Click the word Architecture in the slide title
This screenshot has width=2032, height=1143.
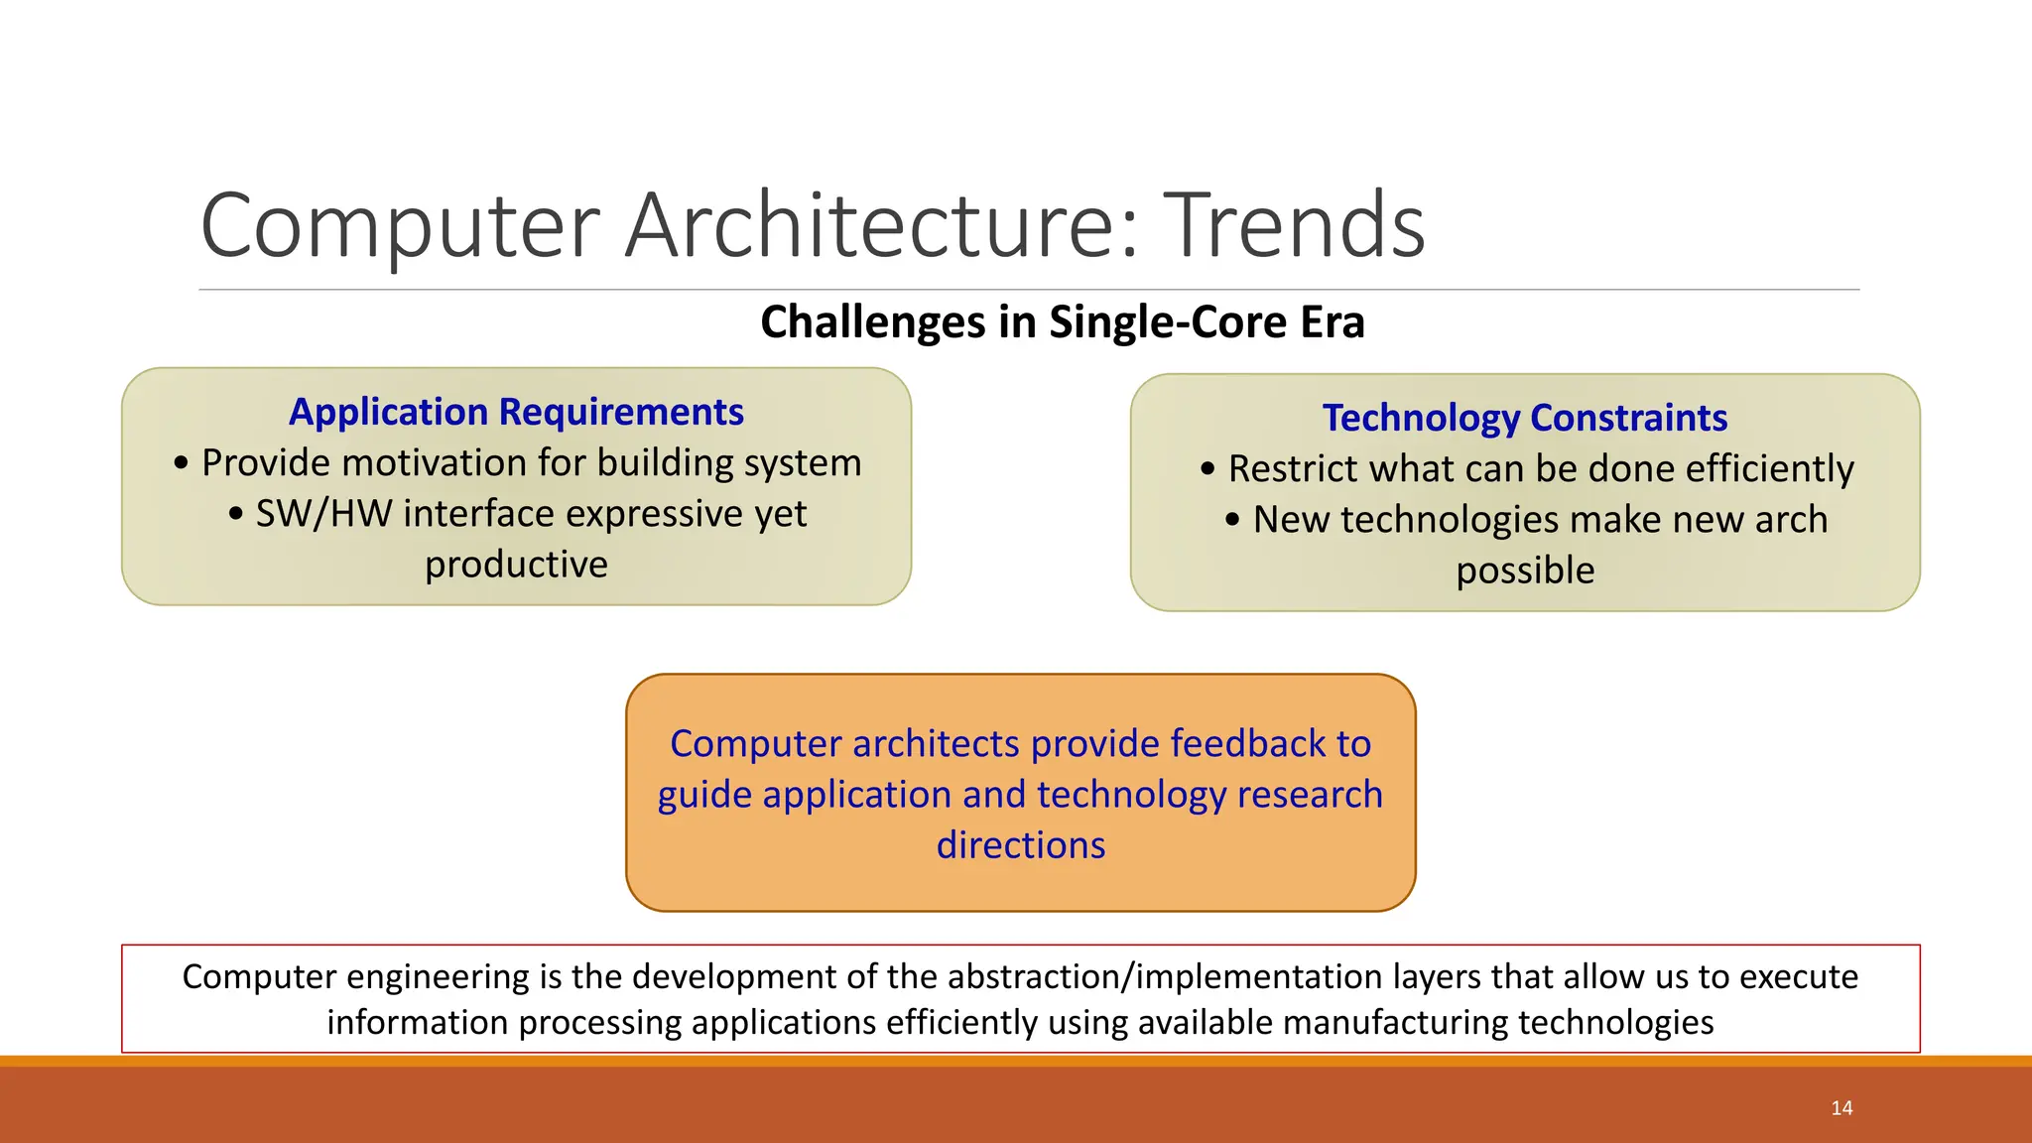click(881, 226)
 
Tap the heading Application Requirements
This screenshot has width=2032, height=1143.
click(516, 412)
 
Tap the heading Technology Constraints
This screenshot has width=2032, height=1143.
click(1525, 418)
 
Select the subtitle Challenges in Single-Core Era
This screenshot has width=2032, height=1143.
click(1062, 322)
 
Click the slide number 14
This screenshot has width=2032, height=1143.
click(1841, 1108)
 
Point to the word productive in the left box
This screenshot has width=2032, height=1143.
click(516, 565)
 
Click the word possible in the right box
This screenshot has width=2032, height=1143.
click(1525, 571)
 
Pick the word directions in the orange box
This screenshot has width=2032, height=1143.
click(1020, 845)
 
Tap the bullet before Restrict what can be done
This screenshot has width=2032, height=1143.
click(1206, 469)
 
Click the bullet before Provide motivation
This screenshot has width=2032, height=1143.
click(180, 463)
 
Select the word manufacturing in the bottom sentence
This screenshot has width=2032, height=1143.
click(1395, 1023)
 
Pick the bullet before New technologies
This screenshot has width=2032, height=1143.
click(1231, 520)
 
